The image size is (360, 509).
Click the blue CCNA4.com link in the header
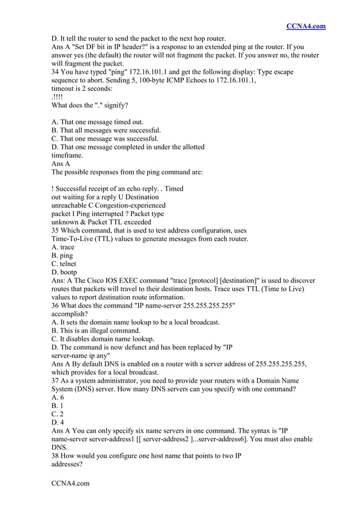point(306,26)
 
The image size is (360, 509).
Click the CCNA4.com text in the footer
point(71,484)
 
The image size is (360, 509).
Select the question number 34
point(55,72)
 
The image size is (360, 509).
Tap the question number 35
point(55,230)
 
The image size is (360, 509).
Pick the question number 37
point(55,372)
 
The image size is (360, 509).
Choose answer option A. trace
point(63,247)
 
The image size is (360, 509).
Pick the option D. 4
point(57,423)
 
